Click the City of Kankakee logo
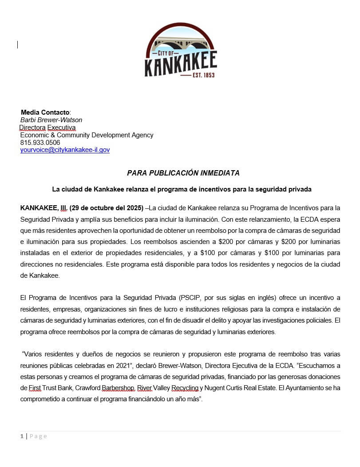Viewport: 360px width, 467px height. click(x=181, y=50)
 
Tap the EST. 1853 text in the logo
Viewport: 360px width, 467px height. click(x=204, y=75)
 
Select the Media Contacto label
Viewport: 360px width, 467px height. click(x=45, y=112)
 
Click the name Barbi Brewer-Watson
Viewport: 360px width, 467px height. click(x=51, y=120)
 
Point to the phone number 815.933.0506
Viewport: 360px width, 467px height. click(x=40, y=143)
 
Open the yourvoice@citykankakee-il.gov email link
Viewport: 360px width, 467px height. click(x=65, y=150)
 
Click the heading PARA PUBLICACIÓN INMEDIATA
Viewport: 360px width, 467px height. click(x=183, y=173)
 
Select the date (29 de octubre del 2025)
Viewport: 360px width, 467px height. click(x=106, y=208)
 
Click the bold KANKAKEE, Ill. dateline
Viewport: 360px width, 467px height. click(x=44, y=208)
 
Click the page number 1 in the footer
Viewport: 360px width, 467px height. click(x=22, y=436)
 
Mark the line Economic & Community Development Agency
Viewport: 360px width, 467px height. click(x=87, y=135)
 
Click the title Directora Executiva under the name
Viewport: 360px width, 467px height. click(x=47, y=128)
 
